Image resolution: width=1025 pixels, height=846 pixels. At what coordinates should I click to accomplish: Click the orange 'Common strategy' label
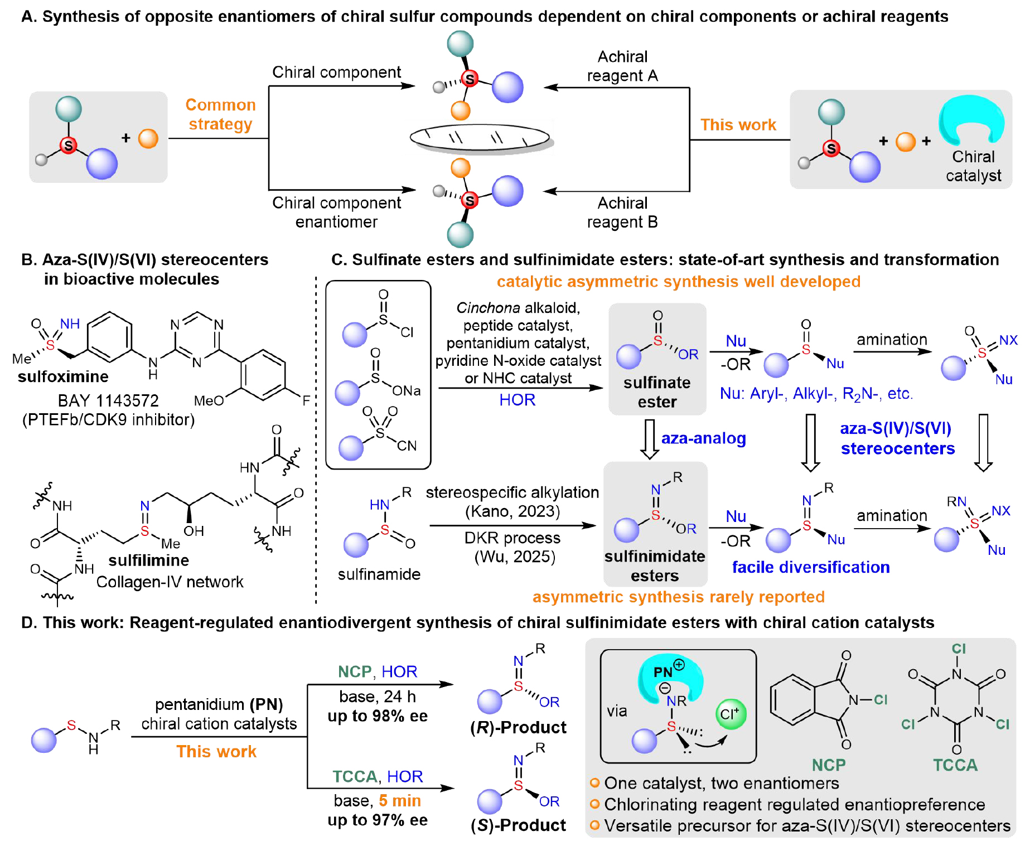pos(220,114)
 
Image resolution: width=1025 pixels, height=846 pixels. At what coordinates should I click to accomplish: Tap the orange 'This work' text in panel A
pos(738,124)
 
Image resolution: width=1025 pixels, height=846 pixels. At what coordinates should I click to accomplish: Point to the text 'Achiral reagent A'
pos(622,66)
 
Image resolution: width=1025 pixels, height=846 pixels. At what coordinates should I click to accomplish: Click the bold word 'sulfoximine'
pos(63,376)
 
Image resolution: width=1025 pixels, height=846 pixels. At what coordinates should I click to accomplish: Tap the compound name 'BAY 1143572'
pos(108,400)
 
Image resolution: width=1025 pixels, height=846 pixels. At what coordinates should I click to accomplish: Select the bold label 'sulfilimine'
pos(148,560)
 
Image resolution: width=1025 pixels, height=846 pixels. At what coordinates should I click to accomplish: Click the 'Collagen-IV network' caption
pos(170,582)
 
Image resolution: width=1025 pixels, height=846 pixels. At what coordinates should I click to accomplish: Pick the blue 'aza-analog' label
pos(703,438)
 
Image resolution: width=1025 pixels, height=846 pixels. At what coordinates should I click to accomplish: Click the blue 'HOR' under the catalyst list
pos(517,400)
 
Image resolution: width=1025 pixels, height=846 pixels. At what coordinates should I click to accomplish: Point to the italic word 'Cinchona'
pos(488,308)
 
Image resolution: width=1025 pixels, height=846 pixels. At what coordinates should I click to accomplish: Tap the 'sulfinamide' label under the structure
pos(379,574)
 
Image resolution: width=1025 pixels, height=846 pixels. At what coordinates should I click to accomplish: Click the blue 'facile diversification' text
pos(810,567)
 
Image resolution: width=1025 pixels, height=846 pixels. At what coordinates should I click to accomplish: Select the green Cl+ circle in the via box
pos(731,714)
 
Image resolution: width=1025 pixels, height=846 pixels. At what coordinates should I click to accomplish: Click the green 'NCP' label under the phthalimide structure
pos(828,765)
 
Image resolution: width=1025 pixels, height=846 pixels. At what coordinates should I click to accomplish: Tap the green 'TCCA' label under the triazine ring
pos(955,765)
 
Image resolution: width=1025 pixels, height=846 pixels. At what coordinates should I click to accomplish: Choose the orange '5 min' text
pos(400,801)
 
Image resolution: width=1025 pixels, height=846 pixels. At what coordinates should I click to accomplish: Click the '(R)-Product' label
pos(518,727)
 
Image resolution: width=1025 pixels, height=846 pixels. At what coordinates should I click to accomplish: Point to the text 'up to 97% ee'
pos(378,820)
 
